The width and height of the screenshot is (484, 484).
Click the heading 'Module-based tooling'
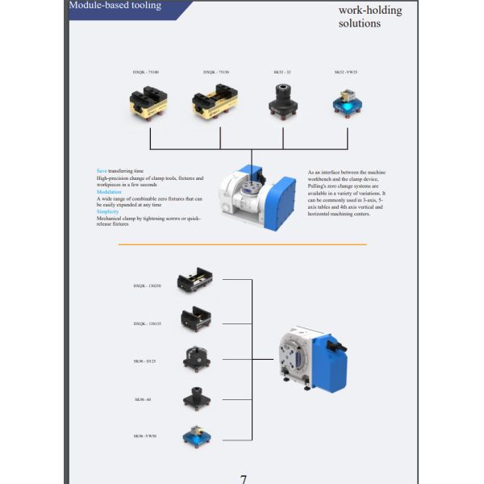click(115, 6)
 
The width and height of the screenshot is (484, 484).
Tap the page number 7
click(243, 478)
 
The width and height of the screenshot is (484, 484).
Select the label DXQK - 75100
click(146, 73)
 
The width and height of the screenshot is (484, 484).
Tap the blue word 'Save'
click(102, 171)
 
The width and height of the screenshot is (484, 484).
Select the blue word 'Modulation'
click(109, 192)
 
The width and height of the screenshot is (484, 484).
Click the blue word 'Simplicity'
click(108, 211)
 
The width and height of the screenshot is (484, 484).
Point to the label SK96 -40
click(143, 399)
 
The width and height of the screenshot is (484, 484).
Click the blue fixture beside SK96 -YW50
click(195, 436)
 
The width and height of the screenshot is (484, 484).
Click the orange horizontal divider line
click(242, 244)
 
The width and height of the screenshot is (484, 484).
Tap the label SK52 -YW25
click(347, 73)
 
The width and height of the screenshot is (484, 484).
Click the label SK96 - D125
click(145, 361)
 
